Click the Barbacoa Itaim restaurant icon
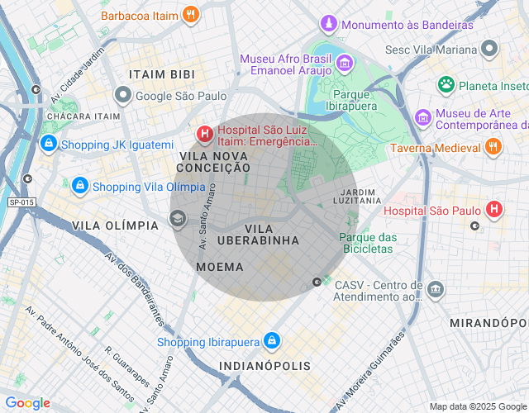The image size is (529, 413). click(191, 14)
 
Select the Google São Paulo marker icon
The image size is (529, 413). click(123, 96)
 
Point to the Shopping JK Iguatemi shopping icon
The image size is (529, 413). click(49, 145)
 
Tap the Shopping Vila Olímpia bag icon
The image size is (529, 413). click(79, 186)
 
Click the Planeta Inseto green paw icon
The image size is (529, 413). click(446, 84)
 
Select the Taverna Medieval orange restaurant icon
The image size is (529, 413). click(493, 147)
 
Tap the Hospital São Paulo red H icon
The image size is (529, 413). click(494, 210)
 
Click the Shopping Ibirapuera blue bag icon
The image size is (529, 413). click(272, 341)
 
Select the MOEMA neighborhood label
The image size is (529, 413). click(220, 267)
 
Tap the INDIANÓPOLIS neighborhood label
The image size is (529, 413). click(264, 365)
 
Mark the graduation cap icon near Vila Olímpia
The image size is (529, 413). click(177, 218)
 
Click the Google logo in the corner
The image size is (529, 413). click(27, 403)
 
